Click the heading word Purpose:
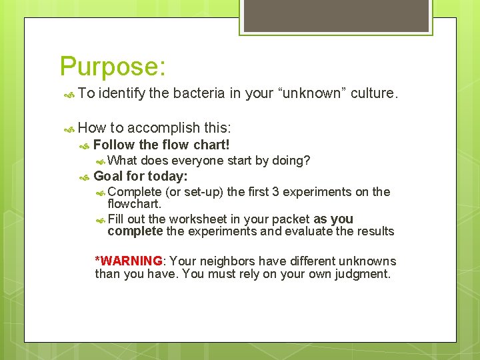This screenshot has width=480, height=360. pos(113,67)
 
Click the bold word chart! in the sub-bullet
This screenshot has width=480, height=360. pos(211,145)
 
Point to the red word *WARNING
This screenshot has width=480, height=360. pos(129,261)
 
